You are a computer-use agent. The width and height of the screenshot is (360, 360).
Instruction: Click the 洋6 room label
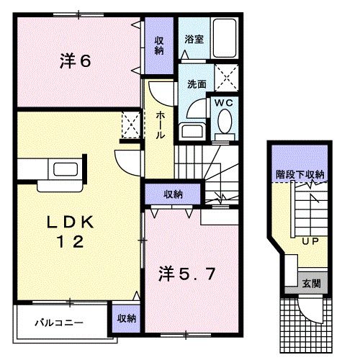[x=75, y=62]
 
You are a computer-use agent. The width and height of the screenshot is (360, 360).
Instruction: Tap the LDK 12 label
[x=69, y=232]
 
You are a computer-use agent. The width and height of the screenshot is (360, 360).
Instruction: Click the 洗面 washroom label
[x=197, y=84]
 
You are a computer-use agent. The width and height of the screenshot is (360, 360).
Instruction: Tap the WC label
[x=222, y=102]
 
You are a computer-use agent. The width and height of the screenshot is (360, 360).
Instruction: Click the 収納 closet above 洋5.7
[x=172, y=194]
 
